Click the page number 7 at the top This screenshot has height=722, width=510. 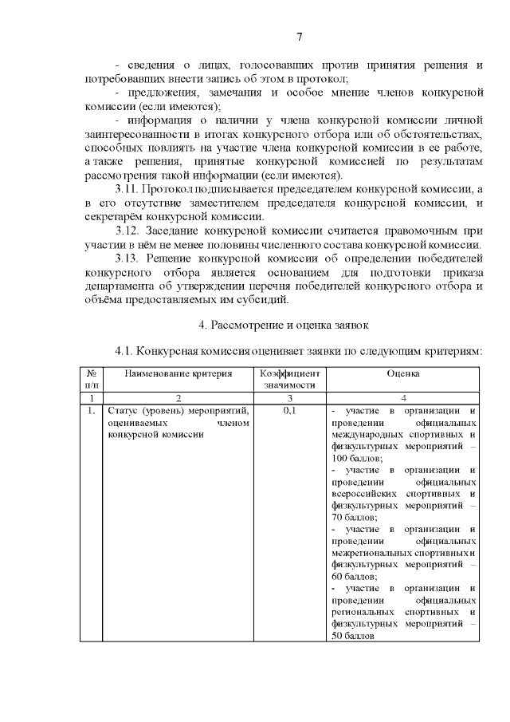tap(299, 37)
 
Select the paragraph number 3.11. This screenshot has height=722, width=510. tap(127, 189)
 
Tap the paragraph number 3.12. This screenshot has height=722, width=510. tap(127, 231)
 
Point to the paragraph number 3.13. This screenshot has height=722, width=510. tap(127, 258)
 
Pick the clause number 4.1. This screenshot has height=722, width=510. tap(127, 351)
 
